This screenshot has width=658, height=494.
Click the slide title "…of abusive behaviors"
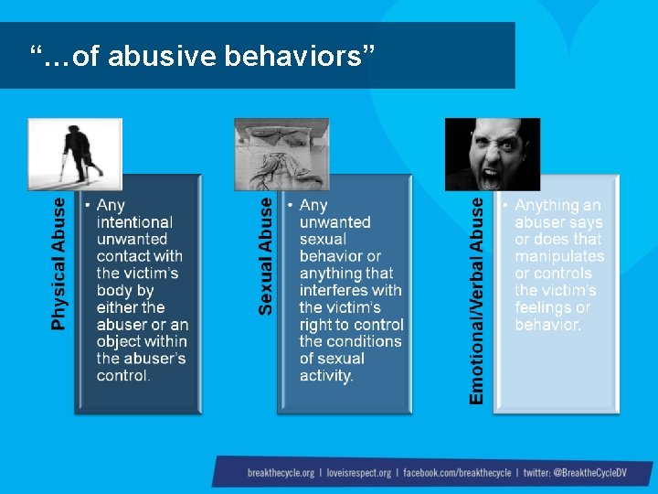coord(202,57)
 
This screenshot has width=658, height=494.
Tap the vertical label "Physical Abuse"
coord(59,263)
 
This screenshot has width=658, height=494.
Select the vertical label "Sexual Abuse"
coord(265,257)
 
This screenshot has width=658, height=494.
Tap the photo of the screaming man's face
coord(492,154)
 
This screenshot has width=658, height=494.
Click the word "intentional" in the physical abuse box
coord(134,222)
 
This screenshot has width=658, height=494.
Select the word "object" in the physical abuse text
coord(120,341)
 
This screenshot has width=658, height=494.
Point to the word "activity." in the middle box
coord(326,375)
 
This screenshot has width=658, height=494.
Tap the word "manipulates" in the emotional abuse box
coord(559,256)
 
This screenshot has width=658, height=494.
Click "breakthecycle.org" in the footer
coord(281,473)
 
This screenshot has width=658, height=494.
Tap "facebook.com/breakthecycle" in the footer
coord(456,473)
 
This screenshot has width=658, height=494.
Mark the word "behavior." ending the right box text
coord(547,325)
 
